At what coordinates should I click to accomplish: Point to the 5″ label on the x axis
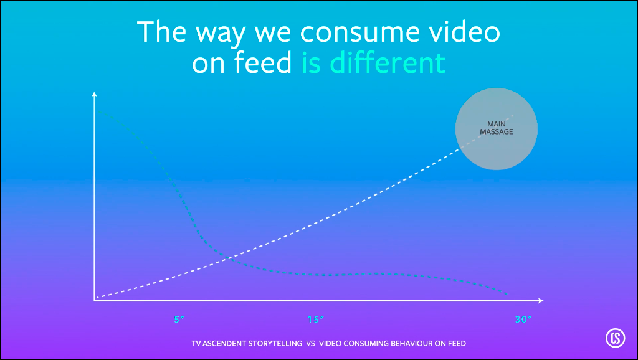pyautogui.click(x=179, y=320)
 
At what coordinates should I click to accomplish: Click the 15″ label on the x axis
pyautogui.click(x=316, y=320)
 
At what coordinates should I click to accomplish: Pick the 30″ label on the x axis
pyautogui.click(x=523, y=320)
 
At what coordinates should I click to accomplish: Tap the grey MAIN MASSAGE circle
pyautogui.click(x=497, y=128)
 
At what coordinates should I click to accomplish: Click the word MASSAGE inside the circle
pyautogui.click(x=497, y=132)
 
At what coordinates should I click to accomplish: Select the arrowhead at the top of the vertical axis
pyautogui.click(x=95, y=94)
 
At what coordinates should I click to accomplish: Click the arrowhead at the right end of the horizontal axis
pyautogui.click(x=540, y=301)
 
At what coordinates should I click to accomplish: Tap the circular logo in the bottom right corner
pyautogui.click(x=615, y=338)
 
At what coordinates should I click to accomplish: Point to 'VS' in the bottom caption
pyautogui.click(x=311, y=344)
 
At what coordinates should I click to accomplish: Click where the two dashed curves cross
pyautogui.click(x=228, y=258)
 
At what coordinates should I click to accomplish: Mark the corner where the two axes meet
pyautogui.click(x=95, y=301)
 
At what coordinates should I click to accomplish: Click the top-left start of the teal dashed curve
pyautogui.click(x=100, y=111)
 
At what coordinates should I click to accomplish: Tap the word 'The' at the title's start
pyautogui.click(x=161, y=31)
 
